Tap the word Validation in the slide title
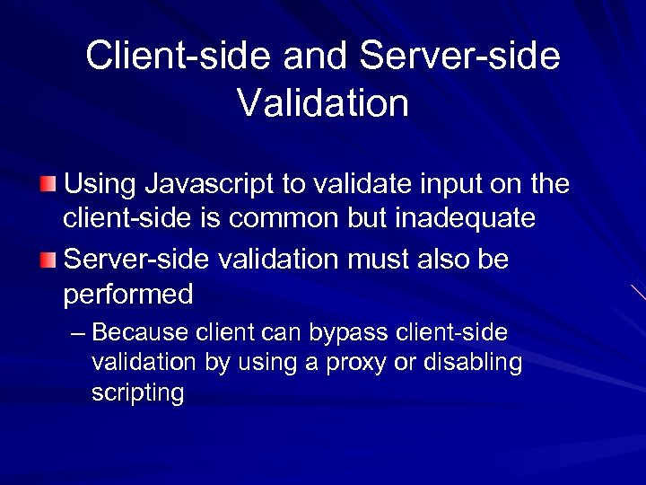(323, 101)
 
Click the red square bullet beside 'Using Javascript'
(48, 185)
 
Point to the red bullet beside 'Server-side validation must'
(48, 260)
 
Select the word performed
(128, 294)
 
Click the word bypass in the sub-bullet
(345, 333)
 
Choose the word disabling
(476, 363)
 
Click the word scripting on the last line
(137, 392)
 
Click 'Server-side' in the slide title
(459, 56)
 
